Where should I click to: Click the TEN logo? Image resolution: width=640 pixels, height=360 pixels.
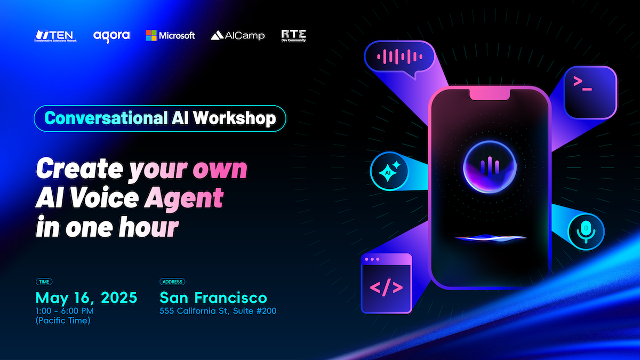[55, 36]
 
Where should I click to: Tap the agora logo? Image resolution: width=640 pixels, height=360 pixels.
[111, 36]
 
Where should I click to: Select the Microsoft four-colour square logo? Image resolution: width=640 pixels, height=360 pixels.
[151, 35]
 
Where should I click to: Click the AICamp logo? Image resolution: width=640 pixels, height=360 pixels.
[238, 35]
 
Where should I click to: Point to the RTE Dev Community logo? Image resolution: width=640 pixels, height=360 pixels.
[293, 36]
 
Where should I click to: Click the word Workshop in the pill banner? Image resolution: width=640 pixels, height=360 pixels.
[235, 118]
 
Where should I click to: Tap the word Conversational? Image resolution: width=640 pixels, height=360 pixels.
[106, 118]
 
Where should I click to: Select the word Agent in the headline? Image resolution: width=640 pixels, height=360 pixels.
[183, 198]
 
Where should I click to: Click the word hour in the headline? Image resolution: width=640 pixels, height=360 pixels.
[149, 227]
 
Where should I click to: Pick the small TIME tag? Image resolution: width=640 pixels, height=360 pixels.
[44, 282]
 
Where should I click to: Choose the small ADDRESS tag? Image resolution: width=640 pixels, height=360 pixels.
[172, 282]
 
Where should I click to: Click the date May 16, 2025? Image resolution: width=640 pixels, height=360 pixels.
[86, 298]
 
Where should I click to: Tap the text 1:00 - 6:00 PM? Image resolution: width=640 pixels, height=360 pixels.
[65, 311]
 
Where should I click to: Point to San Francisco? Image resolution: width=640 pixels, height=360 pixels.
[213, 298]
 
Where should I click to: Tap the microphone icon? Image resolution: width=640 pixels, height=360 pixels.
[586, 231]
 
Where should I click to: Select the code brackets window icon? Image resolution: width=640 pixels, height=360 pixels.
[386, 283]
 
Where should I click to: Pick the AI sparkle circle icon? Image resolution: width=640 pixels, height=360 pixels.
[389, 171]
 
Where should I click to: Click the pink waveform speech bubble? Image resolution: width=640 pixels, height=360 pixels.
[399, 57]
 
